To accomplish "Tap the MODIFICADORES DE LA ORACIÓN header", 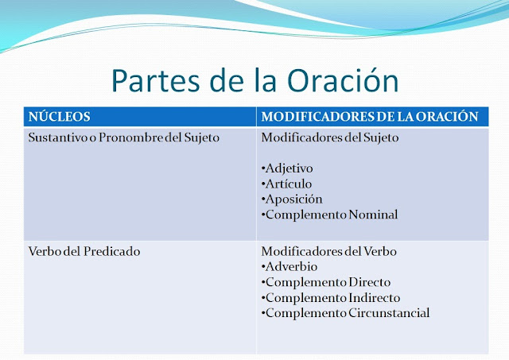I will click(370, 116).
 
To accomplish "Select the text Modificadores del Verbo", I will click(317, 251).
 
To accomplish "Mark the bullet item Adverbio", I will click(289, 266).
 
